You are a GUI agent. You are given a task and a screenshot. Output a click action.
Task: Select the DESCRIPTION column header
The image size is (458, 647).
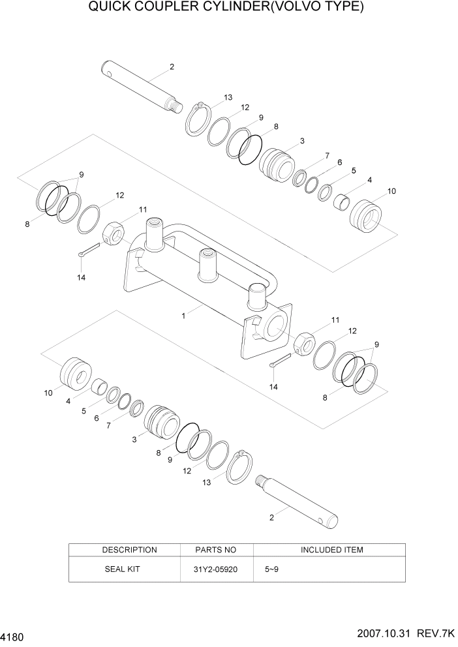point(129,550)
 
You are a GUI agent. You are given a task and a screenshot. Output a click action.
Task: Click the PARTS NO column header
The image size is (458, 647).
point(216,550)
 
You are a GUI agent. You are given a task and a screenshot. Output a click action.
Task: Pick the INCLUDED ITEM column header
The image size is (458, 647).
point(331,550)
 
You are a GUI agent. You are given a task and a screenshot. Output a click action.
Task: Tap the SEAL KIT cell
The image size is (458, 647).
point(122,569)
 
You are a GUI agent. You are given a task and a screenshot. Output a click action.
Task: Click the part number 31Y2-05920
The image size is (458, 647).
point(217,569)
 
